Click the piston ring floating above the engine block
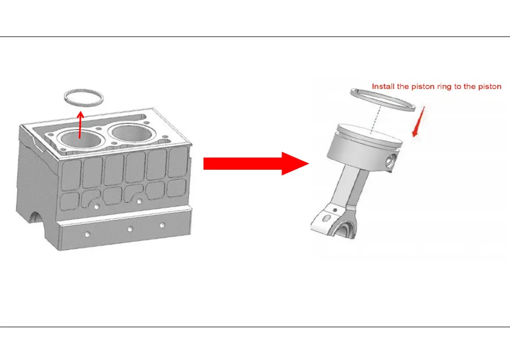point(83,91)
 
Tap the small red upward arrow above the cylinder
point(80,124)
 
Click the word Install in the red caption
point(384,86)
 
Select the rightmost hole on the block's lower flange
point(162,225)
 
